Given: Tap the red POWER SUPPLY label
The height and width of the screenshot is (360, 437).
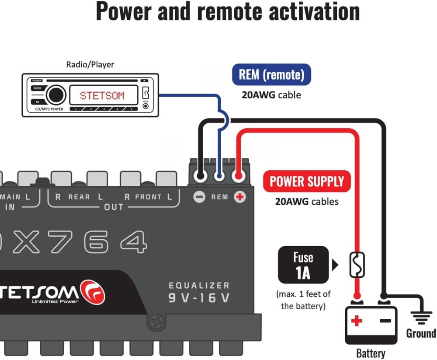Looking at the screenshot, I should (307, 181).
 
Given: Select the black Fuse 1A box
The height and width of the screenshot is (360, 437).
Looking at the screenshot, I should (303, 265).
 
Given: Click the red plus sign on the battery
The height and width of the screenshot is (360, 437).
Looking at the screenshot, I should (357, 321).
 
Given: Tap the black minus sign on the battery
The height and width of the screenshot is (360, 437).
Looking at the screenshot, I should (385, 321).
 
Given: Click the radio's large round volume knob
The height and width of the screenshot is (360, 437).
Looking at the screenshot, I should (56, 95).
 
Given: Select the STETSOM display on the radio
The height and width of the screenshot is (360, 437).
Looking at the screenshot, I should (102, 95).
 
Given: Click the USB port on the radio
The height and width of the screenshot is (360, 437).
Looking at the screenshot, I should (146, 93).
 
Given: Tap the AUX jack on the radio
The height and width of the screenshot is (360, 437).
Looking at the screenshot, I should (146, 105).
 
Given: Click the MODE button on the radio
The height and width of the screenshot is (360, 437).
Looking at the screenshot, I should (37, 88).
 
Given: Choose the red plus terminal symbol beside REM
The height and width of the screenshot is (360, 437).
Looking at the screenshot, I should (239, 197).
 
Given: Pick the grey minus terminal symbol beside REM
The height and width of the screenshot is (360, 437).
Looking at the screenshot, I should (199, 197).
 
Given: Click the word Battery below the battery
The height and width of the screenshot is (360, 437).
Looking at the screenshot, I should (371, 353).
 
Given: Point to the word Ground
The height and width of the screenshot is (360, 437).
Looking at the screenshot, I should (421, 333).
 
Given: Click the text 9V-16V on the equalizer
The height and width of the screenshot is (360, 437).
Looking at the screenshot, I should (199, 298).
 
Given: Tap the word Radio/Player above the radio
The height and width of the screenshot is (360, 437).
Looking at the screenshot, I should (90, 64).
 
